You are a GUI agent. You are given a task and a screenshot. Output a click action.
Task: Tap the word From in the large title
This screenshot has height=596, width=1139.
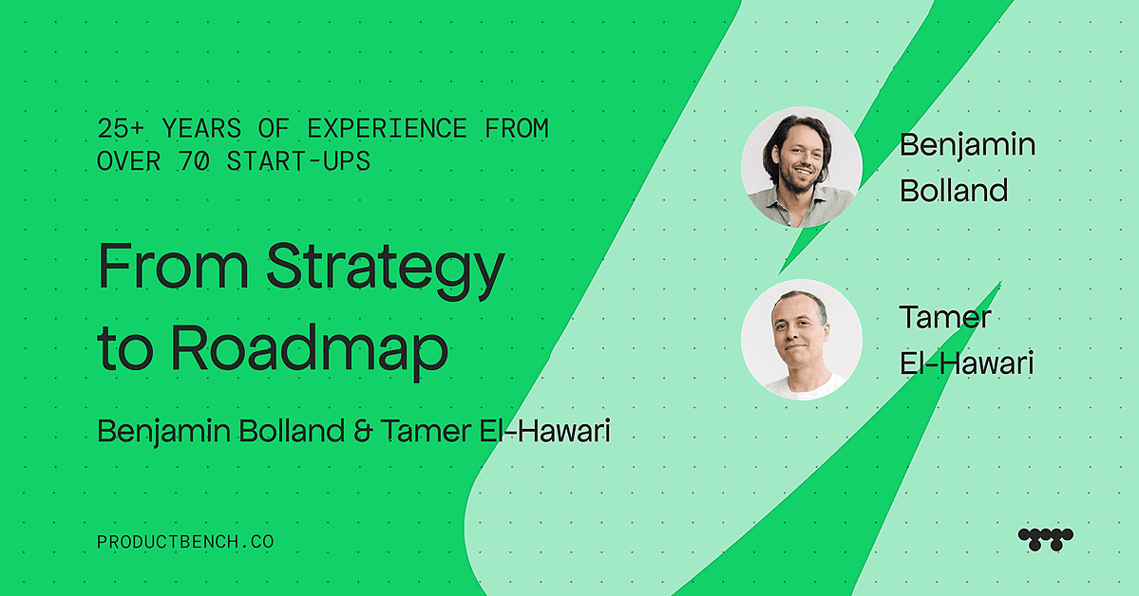[174, 266]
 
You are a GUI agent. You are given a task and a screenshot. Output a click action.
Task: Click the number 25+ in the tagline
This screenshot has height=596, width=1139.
[122, 128]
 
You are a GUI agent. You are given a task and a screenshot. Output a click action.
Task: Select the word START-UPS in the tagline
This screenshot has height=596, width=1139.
[298, 161]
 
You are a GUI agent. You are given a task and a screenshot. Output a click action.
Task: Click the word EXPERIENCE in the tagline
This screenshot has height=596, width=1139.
[387, 128]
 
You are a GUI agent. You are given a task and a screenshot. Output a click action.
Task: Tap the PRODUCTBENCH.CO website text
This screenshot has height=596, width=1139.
[185, 542]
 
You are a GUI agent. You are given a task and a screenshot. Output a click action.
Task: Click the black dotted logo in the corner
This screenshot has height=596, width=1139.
[1045, 539]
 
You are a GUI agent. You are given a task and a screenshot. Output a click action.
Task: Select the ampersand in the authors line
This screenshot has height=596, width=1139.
[363, 431]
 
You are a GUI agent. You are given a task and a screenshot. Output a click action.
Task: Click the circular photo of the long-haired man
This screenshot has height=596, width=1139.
[801, 167]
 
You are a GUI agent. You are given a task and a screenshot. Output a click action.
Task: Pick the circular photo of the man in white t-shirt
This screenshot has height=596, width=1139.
[801, 340]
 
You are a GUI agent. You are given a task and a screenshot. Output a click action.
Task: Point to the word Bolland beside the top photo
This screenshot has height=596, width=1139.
[954, 190]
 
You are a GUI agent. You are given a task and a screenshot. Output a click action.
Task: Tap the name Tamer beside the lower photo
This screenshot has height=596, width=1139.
[945, 317]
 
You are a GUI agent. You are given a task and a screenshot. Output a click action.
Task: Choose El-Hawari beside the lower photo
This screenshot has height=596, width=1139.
[966, 363]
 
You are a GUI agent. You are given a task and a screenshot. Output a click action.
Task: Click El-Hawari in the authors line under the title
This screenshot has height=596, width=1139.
[545, 431]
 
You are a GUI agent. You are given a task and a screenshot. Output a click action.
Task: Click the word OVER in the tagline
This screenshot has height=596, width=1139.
[128, 161]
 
